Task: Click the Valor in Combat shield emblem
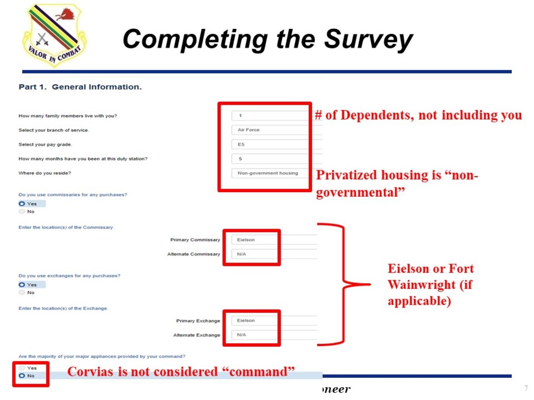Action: (x=53, y=35)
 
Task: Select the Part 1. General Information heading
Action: (x=80, y=87)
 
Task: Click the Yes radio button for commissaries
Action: (x=22, y=203)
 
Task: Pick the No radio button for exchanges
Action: (x=22, y=293)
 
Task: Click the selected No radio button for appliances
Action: (x=22, y=376)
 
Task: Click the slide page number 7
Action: (x=526, y=388)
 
